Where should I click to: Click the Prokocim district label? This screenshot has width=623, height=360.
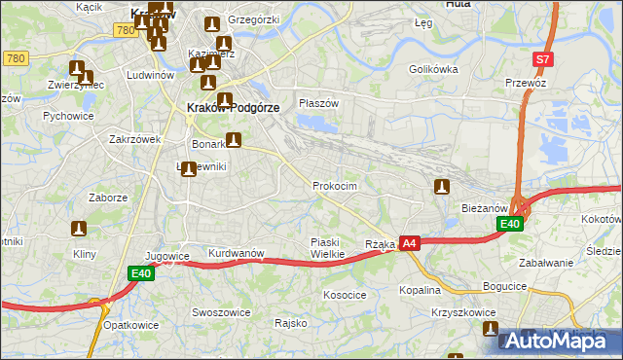pos(335,186)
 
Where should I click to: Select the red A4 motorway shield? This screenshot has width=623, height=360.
pos(410,243)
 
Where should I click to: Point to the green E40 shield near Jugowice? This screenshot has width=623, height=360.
pos(142,274)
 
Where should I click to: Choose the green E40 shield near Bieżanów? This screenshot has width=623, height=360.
pos(509,225)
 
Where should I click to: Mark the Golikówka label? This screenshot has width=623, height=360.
pos(433,70)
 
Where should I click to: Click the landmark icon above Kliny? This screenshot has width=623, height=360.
pos(79,229)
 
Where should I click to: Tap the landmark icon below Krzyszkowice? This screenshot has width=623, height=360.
pos(490,330)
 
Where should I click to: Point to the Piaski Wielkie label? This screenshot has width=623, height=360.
pos(327,248)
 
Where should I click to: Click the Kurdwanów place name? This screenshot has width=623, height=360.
pos(237,254)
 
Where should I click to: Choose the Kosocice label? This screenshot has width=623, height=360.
pos(345,294)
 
